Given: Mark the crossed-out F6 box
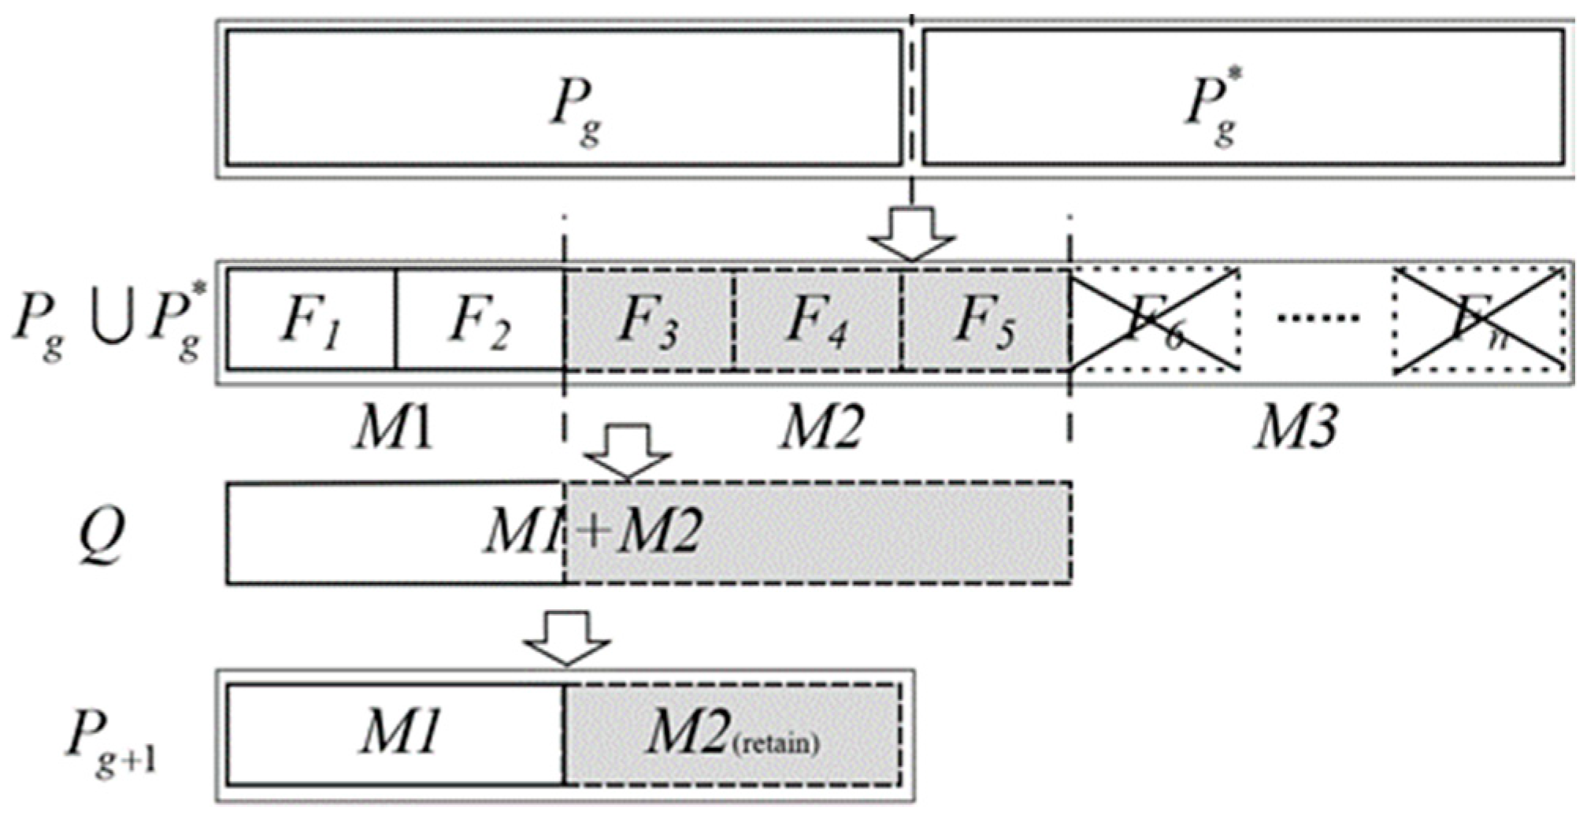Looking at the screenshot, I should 1155,319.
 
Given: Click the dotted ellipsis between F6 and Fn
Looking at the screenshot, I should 1317,317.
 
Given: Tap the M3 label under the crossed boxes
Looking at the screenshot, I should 1296,428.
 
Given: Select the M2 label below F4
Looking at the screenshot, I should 821,428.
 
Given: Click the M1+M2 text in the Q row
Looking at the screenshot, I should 592,531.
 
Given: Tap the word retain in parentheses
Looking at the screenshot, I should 776,743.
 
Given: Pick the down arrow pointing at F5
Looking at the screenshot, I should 912,233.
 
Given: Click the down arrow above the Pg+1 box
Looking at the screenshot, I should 567,639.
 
